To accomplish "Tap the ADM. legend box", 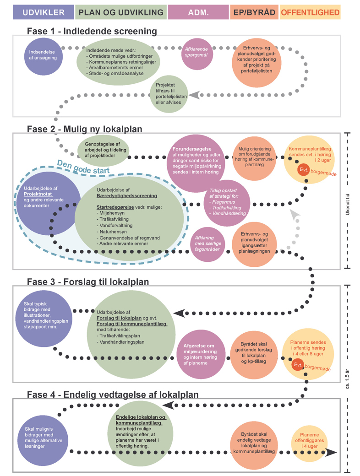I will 198,12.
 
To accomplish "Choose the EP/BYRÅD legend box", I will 254,12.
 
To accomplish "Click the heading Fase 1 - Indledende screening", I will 92,31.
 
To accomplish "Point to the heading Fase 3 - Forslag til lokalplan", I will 88,281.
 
